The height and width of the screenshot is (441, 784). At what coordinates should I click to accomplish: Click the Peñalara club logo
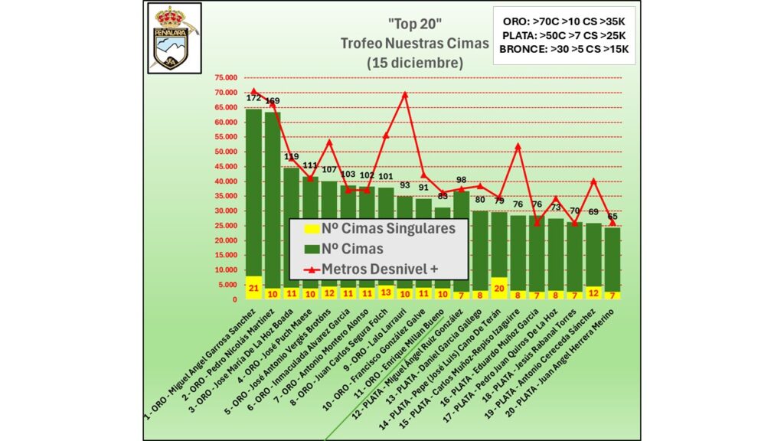tap(173, 37)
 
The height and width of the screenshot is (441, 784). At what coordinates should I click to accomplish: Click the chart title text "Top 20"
tap(413, 24)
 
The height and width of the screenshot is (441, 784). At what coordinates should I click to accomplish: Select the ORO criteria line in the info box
tap(564, 18)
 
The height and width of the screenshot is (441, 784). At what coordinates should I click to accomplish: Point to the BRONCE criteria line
tap(563, 50)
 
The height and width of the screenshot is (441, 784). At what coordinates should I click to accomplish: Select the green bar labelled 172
tap(253, 191)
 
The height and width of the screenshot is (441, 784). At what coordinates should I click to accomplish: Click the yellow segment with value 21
tap(253, 286)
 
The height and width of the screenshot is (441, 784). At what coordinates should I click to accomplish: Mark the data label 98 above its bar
tap(461, 181)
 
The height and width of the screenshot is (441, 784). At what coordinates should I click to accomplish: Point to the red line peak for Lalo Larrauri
tap(404, 94)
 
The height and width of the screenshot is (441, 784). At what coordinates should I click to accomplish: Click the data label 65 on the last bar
tap(612, 217)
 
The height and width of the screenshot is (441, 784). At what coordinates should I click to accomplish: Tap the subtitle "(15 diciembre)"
tap(414, 63)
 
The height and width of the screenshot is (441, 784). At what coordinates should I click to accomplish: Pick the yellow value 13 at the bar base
tap(386, 291)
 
